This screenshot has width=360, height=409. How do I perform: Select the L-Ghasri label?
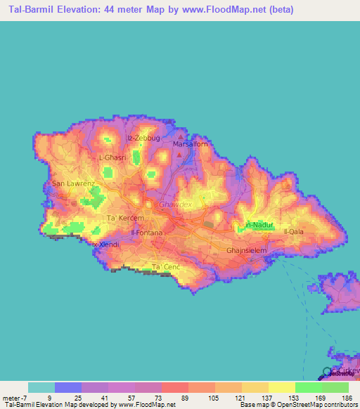pyautogui.click(x=113, y=158)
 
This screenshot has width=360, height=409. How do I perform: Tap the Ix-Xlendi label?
pyautogui.click(x=105, y=245)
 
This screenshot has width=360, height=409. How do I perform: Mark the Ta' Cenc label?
pyautogui.click(x=167, y=267)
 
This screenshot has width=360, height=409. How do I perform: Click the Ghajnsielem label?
pyautogui.click(x=245, y=250)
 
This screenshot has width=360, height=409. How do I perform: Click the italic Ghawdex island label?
pyautogui.click(x=175, y=204)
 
